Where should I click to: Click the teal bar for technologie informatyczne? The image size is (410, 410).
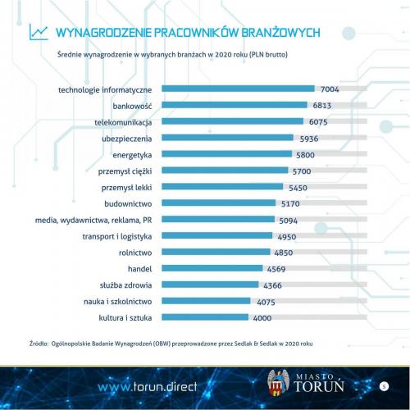coord(238,89)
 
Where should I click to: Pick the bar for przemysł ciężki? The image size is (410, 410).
coord(225,171)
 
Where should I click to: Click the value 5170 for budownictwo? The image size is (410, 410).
coord(292,203)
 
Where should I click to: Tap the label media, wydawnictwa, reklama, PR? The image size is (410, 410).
coord(93,220)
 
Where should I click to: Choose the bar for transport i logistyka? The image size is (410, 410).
coord(216,235)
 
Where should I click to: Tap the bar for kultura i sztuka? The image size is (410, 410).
coord(206,317)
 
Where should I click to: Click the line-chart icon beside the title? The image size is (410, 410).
coord(38,32)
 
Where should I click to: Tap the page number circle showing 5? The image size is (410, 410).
coord(383,385)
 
